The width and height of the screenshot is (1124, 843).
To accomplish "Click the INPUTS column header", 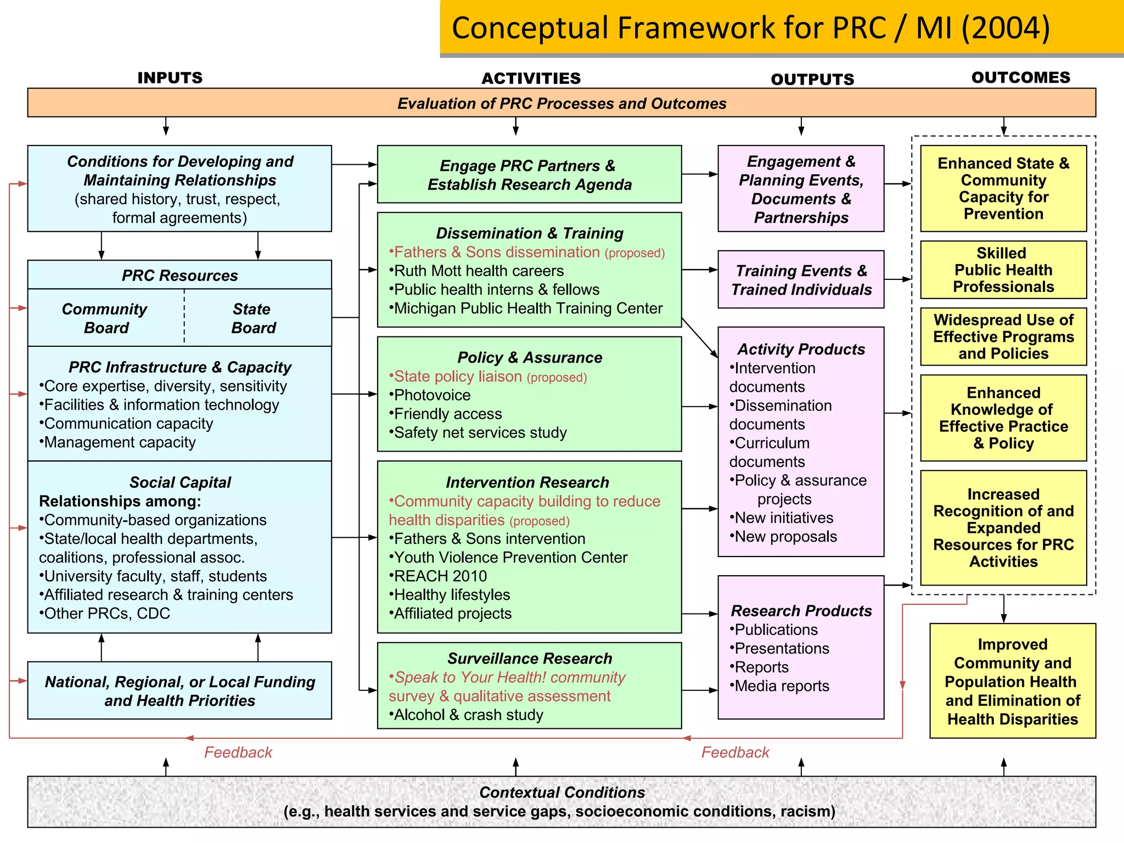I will pyautogui.click(x=170, y=78).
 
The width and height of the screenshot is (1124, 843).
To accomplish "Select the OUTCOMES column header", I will pyautogui.click(x=1020, y=77).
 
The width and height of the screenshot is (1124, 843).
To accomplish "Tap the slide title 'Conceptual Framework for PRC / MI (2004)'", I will pyautogui.click(x=750, y=28).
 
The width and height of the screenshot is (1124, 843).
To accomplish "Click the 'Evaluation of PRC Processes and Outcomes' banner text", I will pyautogui.click(x=561, y=103).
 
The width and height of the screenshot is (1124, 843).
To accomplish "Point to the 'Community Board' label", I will pyautogui.click(x=105, y=318).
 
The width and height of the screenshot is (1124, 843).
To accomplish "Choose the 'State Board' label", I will pyautogui.click(x=252, y=318).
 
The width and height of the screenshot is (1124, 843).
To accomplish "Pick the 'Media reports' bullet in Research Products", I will pyautogui.click(x=782, y=686).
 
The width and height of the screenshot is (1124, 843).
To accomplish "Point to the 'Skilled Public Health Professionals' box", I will pyautogui.click(x=1003, y=270).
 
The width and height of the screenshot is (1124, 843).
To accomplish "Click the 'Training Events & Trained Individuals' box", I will pyautogui.click(x=801, y=280).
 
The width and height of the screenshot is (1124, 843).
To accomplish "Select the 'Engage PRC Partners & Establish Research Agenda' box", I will pyautogui.click(x=529, y=175).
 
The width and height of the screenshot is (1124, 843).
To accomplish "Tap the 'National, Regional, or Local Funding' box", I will pyautogui.click(x=179, y=690).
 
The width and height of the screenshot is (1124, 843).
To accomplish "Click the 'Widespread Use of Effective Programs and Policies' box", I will pyautogui.click(x=1003, y=336).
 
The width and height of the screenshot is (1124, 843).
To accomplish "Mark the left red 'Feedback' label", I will pyautogui.click(x=238, y=752).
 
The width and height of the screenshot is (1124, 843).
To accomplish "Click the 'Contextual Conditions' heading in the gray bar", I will pyautogui.click(x=561, y=793).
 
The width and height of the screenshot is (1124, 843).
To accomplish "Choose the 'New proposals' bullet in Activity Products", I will pyautogui.click(x=785, y=537).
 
